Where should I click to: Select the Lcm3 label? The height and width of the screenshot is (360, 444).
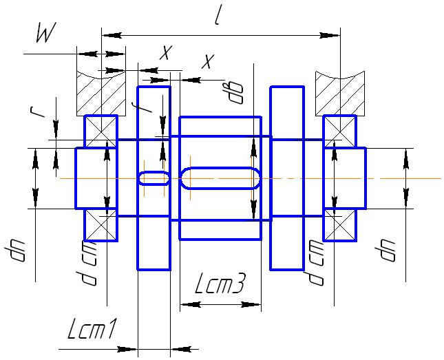[x=219, y=285]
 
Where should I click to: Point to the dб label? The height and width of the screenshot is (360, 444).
[x=237, y=92]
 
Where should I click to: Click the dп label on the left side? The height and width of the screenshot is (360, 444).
[x=15, y=253]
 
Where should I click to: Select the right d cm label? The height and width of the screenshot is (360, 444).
[x=316, y=262]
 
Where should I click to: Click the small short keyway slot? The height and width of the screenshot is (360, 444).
[x=154, y=178]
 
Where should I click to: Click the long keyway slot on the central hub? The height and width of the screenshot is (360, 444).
[x=220, y=178]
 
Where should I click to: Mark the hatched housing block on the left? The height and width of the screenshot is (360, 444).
[x=101, y=92]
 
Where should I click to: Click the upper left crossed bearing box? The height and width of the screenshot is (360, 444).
[x=101, y=131]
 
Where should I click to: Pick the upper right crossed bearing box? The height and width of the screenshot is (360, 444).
[x=340, y=131]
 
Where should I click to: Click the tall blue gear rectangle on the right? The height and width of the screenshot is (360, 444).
[x=286, y=178]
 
